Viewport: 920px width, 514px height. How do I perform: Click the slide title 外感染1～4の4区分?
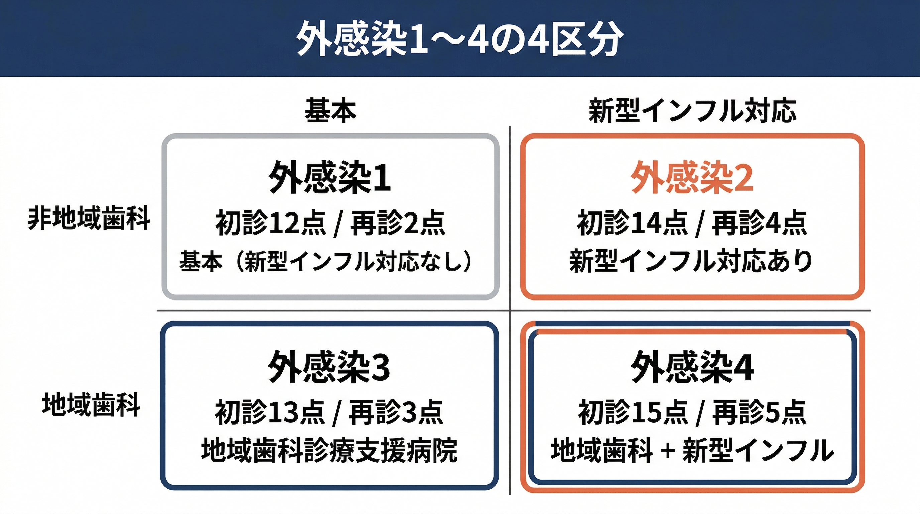tap(460, 38)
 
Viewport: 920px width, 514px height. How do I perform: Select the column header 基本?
tap(330, 111)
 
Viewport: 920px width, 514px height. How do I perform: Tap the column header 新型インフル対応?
tap(692, 111)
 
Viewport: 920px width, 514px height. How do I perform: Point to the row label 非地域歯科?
tap(89, 218)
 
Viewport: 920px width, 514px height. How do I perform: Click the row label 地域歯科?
tap(91, 405)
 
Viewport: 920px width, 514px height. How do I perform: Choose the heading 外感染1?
tap(330, 177)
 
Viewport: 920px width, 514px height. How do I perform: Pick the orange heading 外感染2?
tap(692, 177)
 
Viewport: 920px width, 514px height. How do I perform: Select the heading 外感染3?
tap(329, 367)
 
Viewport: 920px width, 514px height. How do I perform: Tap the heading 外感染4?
tap(692, 367)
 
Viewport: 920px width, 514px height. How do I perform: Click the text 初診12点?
tap(270, 223)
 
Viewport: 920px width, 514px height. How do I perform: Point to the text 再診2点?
tap(398, 223)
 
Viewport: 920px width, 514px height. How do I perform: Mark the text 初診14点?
tap(632, 223)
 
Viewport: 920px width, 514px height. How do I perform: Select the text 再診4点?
tap(760, 223)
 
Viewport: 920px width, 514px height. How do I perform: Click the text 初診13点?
tap(270, 413)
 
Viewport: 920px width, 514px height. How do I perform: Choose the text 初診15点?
tap(633, 413)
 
